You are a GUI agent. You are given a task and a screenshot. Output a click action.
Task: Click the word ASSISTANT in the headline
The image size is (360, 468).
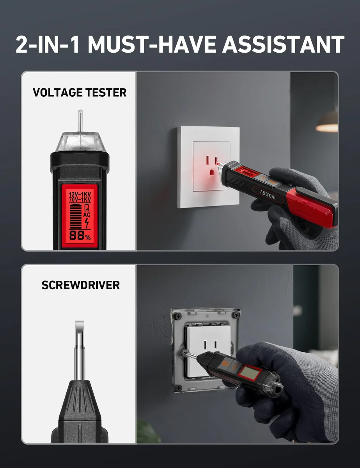pos(283,44)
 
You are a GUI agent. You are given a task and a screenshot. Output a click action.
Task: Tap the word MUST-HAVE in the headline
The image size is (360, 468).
pos(151,44)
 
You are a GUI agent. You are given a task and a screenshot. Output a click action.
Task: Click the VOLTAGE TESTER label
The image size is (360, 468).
pos(80,92)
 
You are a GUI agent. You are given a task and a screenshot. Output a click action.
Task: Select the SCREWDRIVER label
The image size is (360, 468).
pos(80,285)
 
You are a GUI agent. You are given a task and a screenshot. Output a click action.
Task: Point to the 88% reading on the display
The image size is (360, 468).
pos(80,236)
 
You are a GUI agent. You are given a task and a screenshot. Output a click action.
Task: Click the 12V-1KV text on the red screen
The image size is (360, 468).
pos(80,194)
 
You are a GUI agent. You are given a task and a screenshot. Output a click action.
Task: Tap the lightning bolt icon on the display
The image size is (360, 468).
pos(87,223)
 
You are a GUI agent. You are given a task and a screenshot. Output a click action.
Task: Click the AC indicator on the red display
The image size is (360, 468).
pos(87,215)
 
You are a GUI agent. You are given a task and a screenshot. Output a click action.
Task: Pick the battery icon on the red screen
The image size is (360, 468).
pos(87,207)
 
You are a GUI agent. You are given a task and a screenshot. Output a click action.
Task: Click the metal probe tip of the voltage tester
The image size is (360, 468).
pos(80,121)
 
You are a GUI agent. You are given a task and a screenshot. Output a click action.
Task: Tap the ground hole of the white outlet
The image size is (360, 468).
pos(212,172)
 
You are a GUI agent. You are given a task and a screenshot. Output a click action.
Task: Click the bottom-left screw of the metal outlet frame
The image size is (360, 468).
pos(178,388)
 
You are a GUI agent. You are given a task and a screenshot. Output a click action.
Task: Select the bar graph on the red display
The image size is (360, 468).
pos(76,216)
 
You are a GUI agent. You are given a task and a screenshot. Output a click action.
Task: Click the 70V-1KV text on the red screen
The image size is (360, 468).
pos(80,200)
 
